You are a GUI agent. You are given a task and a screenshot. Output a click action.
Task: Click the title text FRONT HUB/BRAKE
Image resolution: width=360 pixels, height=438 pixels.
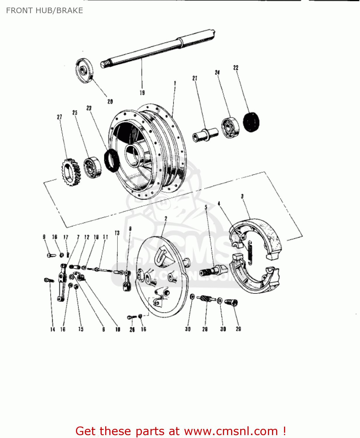pyautogui.click(x=44, y=11)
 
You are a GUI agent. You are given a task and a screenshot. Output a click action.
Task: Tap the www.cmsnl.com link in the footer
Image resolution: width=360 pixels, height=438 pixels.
pyautogui.click(x=231, y=431)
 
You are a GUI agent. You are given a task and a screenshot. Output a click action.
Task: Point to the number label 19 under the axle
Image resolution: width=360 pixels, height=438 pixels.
pyautogui.click(x=142, y=93)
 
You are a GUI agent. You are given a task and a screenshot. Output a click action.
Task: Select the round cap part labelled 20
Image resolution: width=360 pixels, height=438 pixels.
pyautogui.click(x=85, y=70)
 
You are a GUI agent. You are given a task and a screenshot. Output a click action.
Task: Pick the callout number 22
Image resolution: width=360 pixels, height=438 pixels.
pyautogui.click(x=236, y=68)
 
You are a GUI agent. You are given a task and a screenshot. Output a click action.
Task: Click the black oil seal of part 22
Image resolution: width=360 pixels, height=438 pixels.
pyautogui.click(x=251, y=122)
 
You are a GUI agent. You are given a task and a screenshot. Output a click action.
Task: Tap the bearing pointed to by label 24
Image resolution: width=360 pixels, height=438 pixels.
pyautogui.click(x=230, y=128)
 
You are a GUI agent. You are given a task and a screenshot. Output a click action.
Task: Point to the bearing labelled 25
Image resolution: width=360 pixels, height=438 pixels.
pyautogui.click(x=93, y=167)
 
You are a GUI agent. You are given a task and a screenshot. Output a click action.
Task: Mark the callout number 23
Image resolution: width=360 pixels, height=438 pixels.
pyautogui.click(x=89, y=108)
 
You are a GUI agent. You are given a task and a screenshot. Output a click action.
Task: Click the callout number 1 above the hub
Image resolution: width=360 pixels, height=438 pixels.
pyautogui.click(x=175, y=83)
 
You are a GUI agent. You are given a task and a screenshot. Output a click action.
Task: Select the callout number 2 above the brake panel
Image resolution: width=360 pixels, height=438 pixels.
pyautogui.click(x=166, y=218)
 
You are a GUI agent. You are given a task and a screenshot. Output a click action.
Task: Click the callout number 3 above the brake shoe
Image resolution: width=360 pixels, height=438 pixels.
pyautogui.click(x=242, y=197)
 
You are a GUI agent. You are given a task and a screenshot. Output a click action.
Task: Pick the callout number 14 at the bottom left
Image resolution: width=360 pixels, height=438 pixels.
pyautogui.click(x=53, y=329)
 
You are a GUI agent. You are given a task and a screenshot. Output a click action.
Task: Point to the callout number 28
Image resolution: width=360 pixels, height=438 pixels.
pyautogui.click(x=205, y=329)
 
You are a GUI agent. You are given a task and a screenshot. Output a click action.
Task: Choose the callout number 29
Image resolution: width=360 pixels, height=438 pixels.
pyautogui.click(x=238, y=329)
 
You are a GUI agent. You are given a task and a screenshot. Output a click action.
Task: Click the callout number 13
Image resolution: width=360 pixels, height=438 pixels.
pyautogui.click(x=117, y=233)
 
